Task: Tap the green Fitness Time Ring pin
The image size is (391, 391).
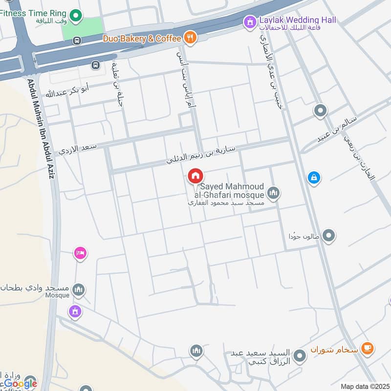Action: point(76,17)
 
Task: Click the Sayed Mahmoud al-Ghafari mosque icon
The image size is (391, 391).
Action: point(274,194)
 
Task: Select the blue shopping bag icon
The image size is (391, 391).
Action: point(314,178)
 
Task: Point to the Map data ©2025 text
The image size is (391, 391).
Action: point(364,386)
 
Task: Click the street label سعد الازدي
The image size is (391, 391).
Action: point(78,149)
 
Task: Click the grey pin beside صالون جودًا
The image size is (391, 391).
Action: point(329,236)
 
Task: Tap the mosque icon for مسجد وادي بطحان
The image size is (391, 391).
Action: point(78,291)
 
